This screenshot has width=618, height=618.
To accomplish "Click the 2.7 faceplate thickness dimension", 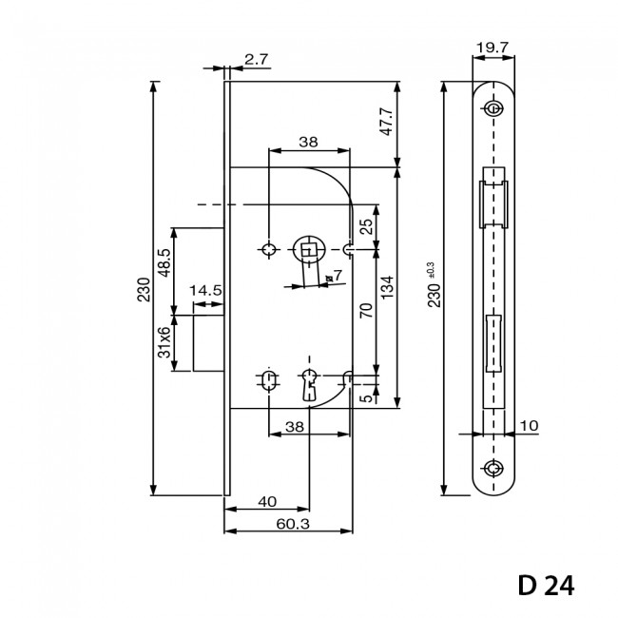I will [x=257, y=59].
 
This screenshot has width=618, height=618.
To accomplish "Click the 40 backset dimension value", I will [x=266, y=501].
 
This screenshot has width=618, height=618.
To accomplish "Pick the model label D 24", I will [x=547, y=584].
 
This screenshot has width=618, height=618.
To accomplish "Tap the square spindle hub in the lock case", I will [x=308, y=249].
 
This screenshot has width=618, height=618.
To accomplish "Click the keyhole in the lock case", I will [x=309, y=382].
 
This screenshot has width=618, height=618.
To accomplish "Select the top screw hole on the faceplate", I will [x=493, y=107].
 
